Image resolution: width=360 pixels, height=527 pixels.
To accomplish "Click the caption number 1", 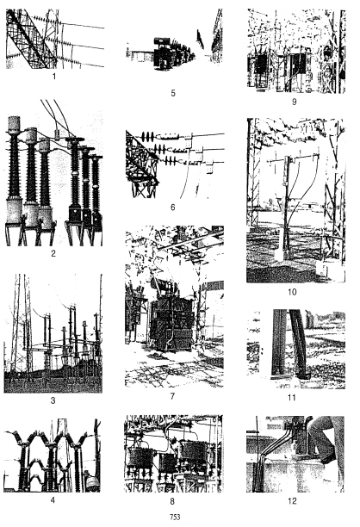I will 53,77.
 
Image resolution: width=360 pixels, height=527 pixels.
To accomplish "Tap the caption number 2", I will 53,255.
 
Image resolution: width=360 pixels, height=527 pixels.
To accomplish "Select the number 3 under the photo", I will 53,402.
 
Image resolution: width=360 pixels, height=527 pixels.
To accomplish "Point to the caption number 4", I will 53,500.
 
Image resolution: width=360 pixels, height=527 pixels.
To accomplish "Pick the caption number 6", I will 173,208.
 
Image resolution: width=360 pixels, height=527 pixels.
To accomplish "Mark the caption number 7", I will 173,396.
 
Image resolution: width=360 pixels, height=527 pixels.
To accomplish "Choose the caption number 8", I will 173,500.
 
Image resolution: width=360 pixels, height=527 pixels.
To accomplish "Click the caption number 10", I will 295,292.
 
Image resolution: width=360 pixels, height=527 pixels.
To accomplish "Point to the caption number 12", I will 295,500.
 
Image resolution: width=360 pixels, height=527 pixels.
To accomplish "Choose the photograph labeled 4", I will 53,456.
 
